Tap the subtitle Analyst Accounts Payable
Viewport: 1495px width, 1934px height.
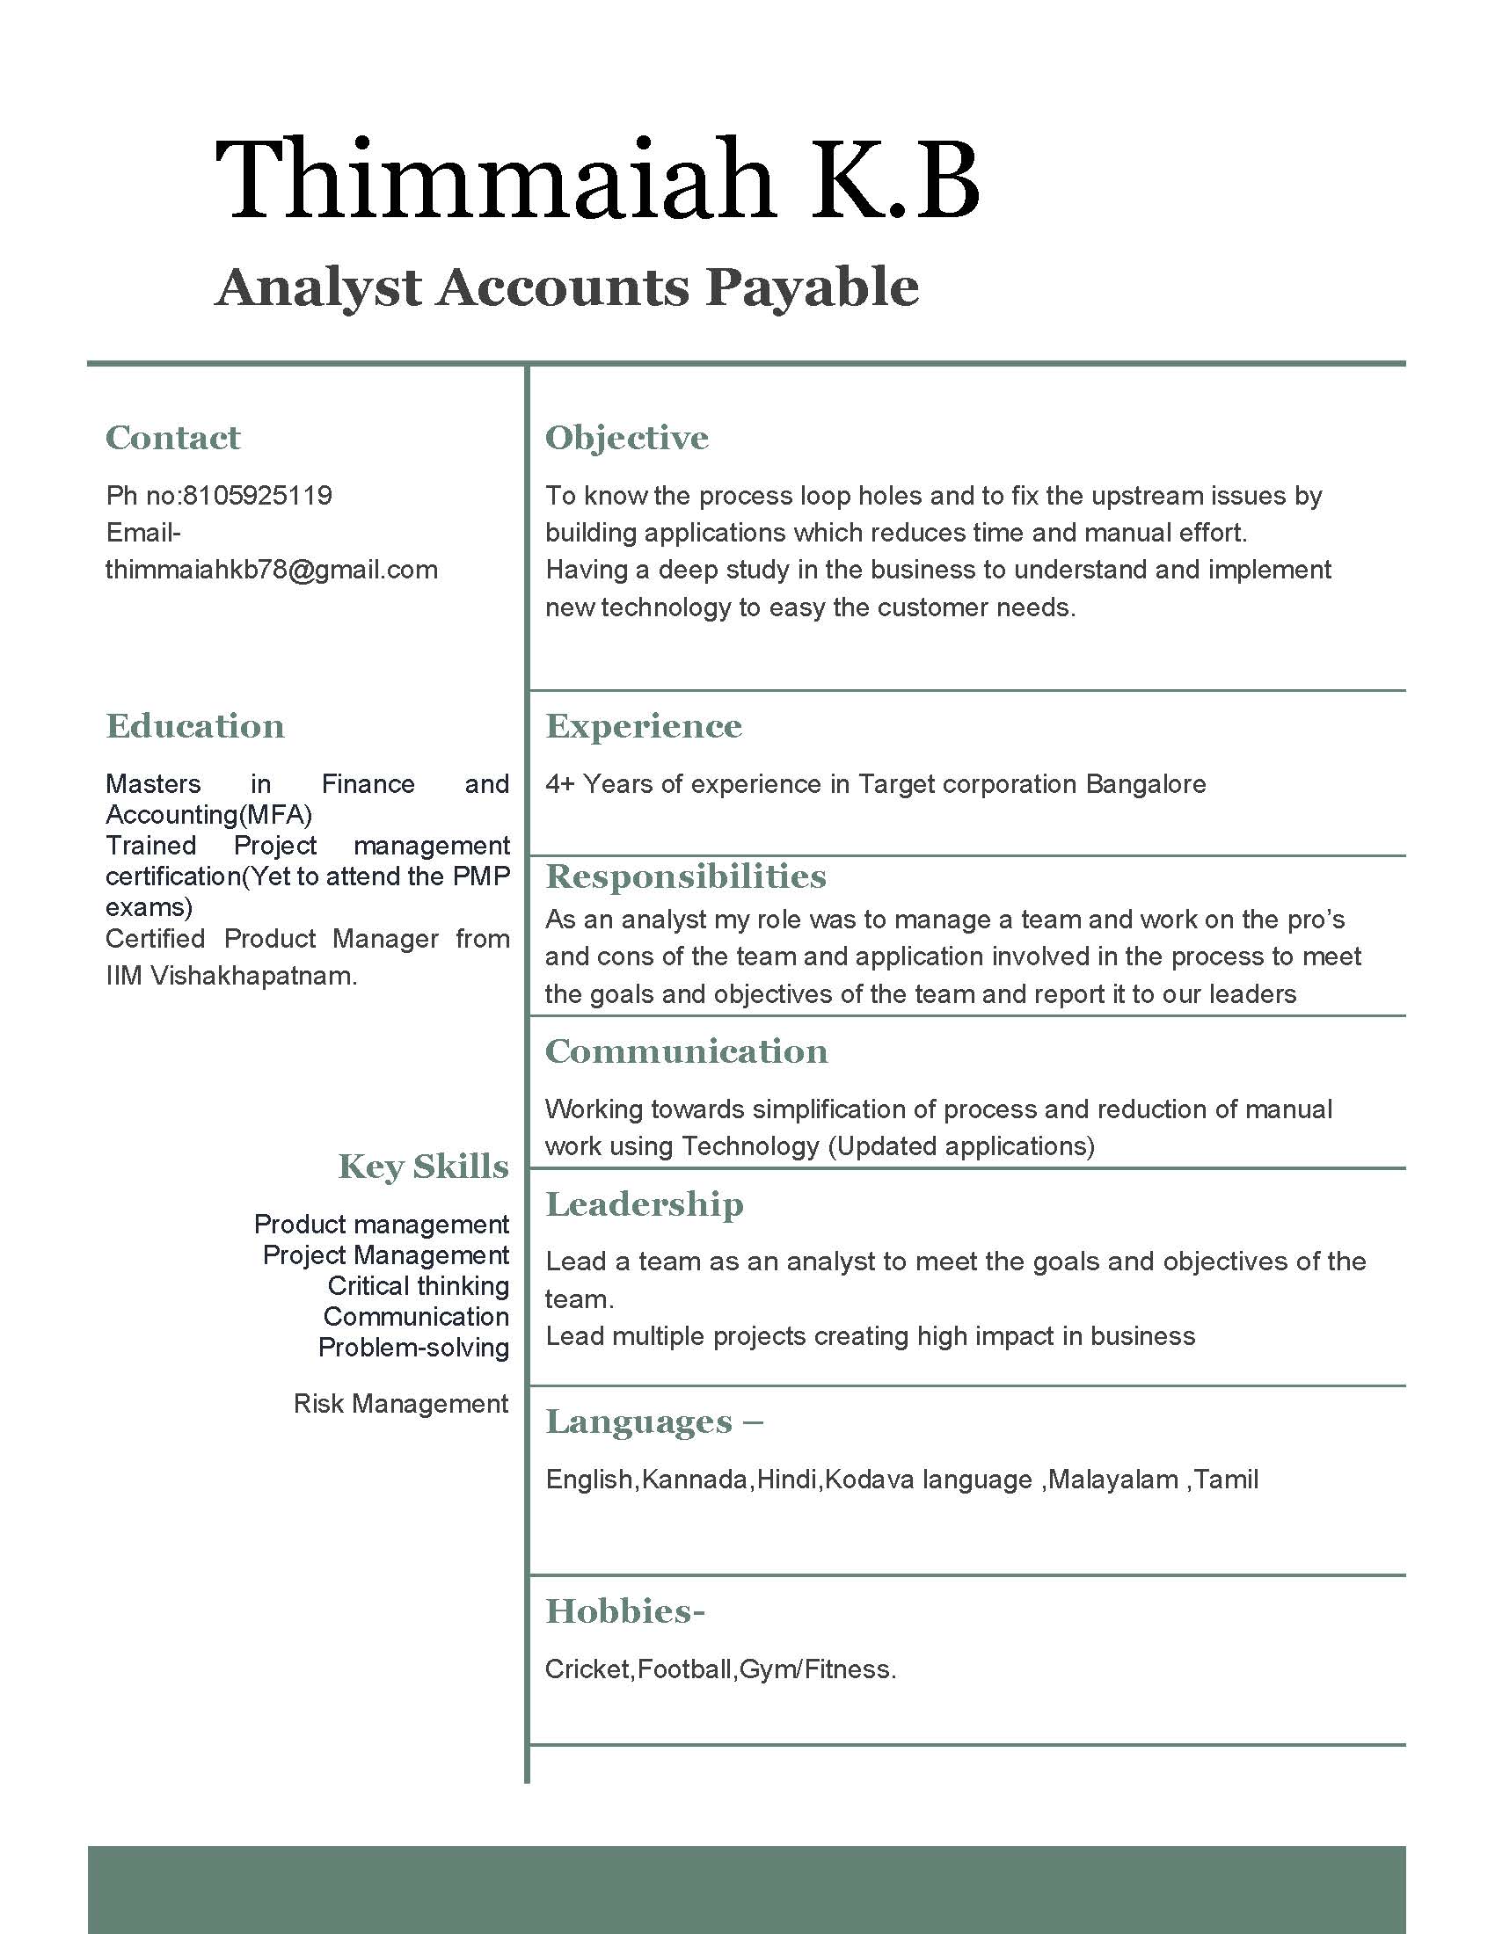pyautogui.click(x=567, y=287)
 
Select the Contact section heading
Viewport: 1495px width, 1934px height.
pyautogui.click(x=172, y=438)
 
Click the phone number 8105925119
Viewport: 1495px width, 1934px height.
pyautogui.click(x=257, y=495)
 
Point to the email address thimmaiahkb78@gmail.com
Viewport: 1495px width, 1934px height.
pyautogui.click(x=271, y=570)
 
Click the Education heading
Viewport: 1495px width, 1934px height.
pyautogui.click(x=195, y=726)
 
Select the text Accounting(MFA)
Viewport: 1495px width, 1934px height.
pyautogui.click(x=208, y=815)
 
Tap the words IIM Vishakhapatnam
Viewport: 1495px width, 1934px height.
pyautogui.click(x=231, y=976)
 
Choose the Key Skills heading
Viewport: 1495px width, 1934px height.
pyautogui.click(x=423, y=1167)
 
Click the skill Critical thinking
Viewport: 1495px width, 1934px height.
pyautogui.click(x=418, y=1286)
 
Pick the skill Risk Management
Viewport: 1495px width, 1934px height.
pyautogui.click(x=400, y=1404)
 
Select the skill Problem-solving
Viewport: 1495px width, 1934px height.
pyautogui.click(x=413, y=1348)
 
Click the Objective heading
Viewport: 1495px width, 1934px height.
pyautogui.click(x=627, y=438)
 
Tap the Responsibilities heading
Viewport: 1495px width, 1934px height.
pyautogui.click(x=686, y=876)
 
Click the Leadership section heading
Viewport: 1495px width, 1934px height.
pyautogui.click(x=644, y=1204)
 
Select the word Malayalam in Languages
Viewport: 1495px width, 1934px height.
pyautogui.click(x=1112, y=1480)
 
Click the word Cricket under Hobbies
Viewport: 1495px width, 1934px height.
pyautogui.click(x=587, y=1669)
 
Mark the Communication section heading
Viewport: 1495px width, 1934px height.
pyautogui.click(x=687, y=1051)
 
